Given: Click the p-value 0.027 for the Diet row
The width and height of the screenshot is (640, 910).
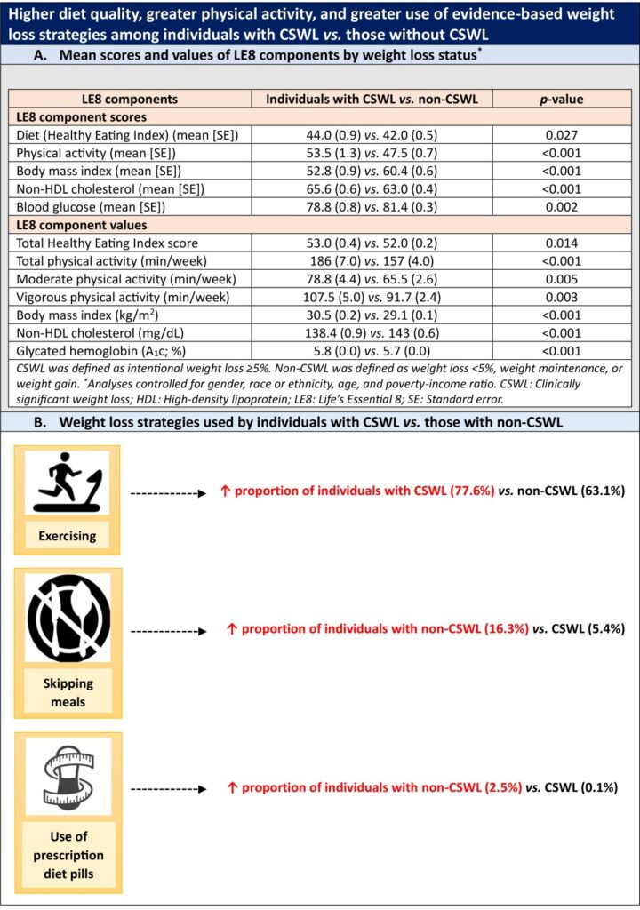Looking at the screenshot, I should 558,134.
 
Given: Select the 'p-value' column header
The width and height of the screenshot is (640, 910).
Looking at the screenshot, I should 558,99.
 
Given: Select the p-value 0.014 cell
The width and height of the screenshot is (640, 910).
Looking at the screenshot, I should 558,243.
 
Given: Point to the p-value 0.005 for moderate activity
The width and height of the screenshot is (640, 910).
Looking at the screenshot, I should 558,279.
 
